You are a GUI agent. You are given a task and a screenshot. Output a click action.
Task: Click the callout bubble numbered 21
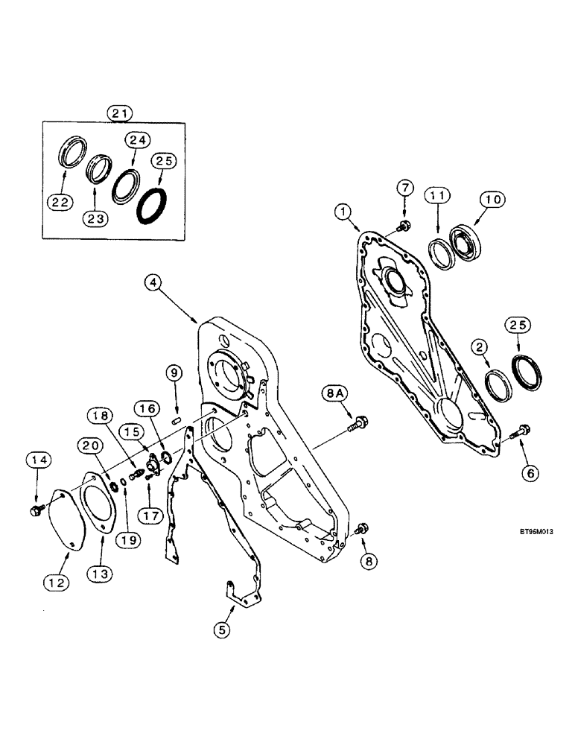click(119, 113)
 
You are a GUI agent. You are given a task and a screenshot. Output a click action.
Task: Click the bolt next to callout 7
click(403, 224)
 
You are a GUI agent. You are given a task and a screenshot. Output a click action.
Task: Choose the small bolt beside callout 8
click(361, 529)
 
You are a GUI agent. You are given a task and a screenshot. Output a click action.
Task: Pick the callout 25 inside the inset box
click(164, 161)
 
